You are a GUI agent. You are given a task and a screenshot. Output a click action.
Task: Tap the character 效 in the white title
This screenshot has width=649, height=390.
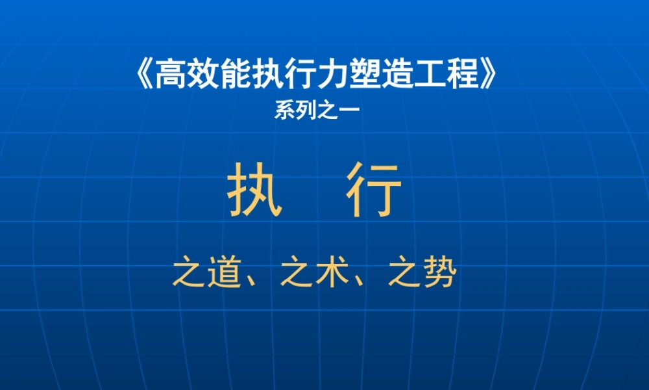[201, 75]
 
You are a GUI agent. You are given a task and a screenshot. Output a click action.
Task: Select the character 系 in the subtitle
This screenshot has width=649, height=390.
[283, 111]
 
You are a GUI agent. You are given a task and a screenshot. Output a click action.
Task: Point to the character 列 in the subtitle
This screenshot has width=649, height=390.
[304, 111]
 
